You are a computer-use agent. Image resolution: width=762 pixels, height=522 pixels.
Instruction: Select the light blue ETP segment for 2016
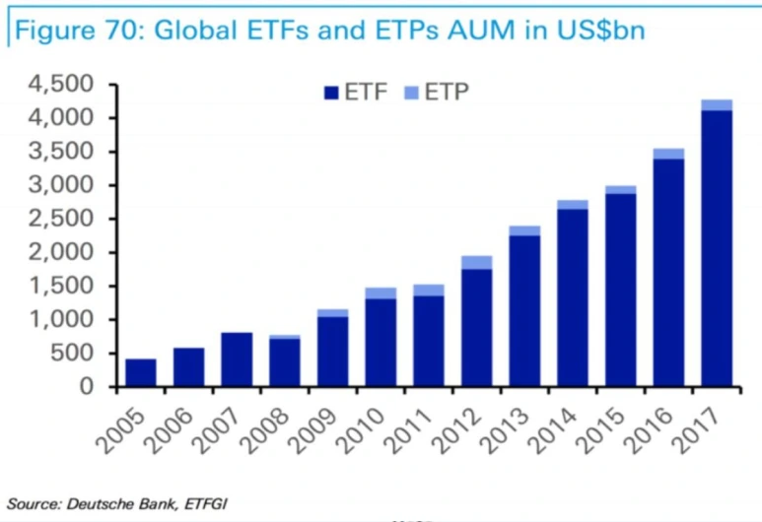coord(668,153)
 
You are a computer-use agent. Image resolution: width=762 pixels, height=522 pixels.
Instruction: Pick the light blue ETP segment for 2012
coord(476,262)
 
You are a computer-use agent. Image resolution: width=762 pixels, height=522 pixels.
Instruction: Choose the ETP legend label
coord(448,93)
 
